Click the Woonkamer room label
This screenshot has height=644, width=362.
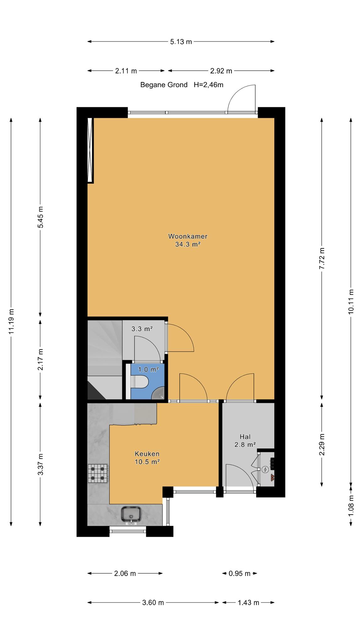click(188, 236)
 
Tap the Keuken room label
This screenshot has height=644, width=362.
click(147, 454)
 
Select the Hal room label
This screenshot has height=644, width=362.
click(245, 436)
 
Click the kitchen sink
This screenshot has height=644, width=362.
click(131, 514)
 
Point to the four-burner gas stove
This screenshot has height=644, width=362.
click(98, 474)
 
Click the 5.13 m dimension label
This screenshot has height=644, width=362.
click(181, 42)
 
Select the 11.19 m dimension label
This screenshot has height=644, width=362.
click(11, 321)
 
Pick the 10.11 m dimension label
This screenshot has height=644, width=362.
click(351, 301)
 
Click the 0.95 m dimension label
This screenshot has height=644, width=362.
click(239, 574)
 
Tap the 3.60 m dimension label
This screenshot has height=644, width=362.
click(153, 602)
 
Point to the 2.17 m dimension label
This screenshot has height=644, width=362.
click(40, 359)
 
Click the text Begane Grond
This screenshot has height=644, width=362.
click(164, 85)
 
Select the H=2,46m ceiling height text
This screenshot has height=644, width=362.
click(208, 85)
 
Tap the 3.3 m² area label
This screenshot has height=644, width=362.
click(142, 329)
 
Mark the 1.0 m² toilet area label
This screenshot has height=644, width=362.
click(148, 369)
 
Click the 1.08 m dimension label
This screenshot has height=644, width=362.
click(351, 505)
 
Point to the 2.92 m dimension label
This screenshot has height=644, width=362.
click(221, 71)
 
